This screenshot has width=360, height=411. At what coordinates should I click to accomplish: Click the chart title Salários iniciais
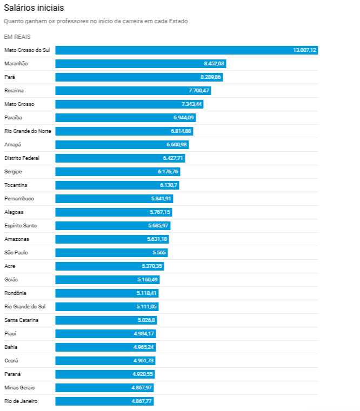(34, 8)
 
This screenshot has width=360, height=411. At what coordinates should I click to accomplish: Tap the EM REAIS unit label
(17, 37)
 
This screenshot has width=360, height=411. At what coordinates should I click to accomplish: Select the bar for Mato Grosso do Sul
(186, 50)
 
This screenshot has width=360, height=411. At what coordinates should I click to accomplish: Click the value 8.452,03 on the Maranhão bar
(214, 64)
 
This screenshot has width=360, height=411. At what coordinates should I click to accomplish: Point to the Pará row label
(10, 77)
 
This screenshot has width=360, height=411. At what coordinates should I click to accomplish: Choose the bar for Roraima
(133, 91)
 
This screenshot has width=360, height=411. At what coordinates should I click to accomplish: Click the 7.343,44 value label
(192, 104)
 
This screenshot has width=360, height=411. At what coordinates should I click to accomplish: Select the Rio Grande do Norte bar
(124, 131)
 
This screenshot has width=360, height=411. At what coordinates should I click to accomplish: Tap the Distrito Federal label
(22, 158)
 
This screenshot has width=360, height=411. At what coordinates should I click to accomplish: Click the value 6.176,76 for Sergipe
(168, 172)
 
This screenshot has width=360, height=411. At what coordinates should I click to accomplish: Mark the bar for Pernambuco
(114, 199)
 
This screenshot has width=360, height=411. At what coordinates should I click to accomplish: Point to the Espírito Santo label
(21, 226)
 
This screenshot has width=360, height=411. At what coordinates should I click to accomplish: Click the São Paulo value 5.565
(159, 253)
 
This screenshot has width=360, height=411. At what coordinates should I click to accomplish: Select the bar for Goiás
(107, 280)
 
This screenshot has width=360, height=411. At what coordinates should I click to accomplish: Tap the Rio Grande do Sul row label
(25, 307)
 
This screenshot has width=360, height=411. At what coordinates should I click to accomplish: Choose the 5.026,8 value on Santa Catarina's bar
(146, 320)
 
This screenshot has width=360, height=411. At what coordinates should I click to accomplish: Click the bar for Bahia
(105, 347)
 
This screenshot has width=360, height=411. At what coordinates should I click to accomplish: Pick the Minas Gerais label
(19, 388)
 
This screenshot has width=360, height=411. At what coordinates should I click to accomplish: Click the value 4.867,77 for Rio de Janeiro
(142, 401)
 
